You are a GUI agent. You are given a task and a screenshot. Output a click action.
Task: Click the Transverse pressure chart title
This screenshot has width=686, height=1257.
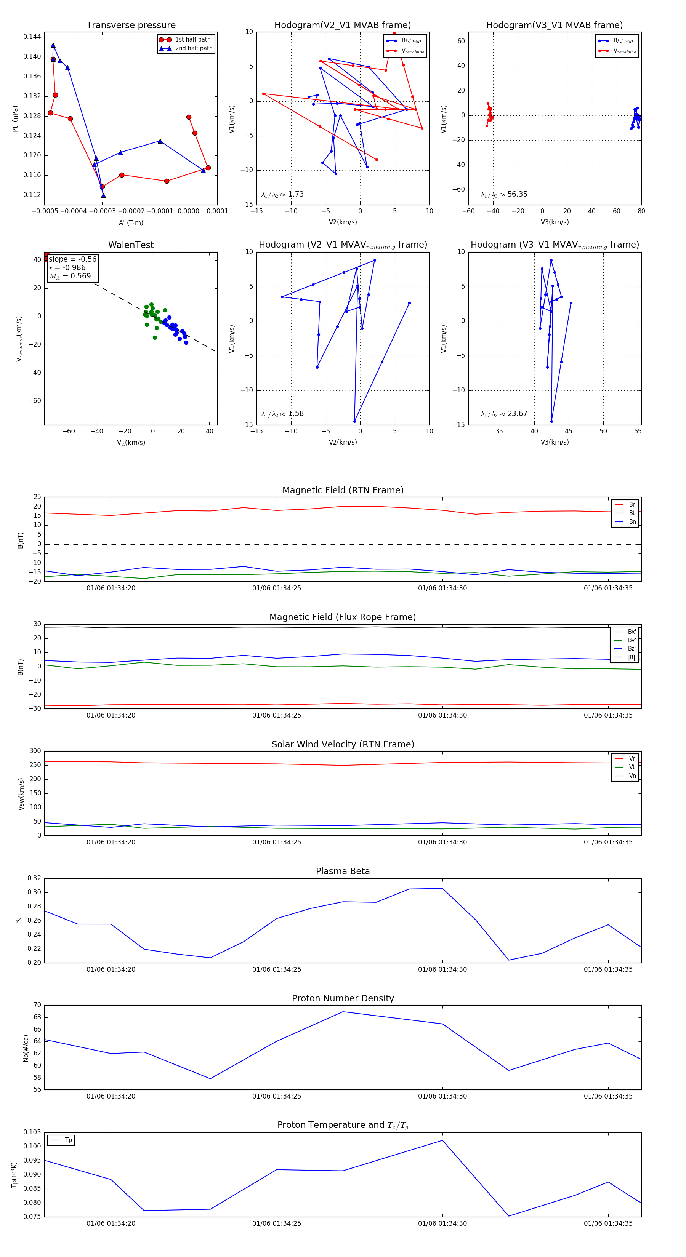[x=131, y=26]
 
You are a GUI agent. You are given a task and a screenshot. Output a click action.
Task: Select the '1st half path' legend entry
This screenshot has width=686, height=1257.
[x=192, y=40]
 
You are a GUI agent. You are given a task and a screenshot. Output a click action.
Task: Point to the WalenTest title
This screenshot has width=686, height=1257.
[x=131, y=245]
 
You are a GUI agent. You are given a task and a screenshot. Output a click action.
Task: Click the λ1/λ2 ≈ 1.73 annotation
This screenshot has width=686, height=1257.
[x=282, y=194]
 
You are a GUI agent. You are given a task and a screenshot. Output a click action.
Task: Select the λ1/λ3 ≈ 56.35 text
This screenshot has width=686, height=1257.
[x=504, y=194]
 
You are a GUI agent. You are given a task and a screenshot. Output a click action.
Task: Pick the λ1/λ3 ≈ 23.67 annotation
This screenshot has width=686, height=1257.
[x=504, y=414]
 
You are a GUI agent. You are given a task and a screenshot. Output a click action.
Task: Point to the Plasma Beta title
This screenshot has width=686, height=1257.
[x=343, y=871]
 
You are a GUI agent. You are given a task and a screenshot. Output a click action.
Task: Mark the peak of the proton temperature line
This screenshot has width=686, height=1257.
[x=442, y=1140]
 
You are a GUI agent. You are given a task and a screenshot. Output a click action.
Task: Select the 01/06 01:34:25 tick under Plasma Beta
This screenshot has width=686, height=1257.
[x=276, y=969]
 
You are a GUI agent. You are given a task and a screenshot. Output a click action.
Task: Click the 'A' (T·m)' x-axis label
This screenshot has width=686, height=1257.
[x=131, y=223]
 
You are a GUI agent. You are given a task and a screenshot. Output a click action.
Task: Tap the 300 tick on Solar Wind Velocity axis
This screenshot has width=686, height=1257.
[x=35, y=751]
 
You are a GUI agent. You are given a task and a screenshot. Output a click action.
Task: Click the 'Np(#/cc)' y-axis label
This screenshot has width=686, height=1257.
[x=26, y=1048]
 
